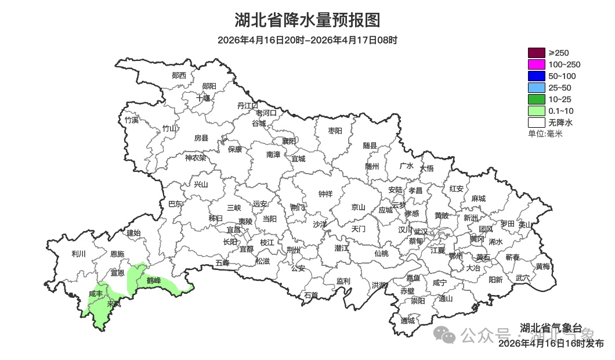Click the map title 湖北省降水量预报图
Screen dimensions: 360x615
[x=307, y=20]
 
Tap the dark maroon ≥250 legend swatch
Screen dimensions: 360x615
[x=536, y=53]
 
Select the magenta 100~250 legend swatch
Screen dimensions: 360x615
[x=536, y=64]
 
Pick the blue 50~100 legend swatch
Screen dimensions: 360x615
[x=536, y=76]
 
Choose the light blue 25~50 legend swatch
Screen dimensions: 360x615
[x=536, y=88]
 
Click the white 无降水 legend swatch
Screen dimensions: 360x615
[x=536, y=123]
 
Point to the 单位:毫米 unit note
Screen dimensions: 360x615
[x=545, y=134]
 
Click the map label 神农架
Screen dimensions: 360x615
[x=196, y=157]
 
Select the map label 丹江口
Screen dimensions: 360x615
[x=248, y=105]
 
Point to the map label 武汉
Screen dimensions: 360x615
[x=421, y=231]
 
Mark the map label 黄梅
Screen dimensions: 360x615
[x=542, y=267]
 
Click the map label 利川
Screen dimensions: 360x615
[x=78, y=254]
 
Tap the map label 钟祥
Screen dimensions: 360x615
[x=325, y=194]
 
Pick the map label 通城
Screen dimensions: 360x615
[x=408, y=321]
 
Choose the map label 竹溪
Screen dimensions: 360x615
[x=132, y=120]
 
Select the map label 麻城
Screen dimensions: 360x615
[x=478, y=199]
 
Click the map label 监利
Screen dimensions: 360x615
[x=343, y=280]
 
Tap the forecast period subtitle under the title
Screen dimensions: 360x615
[x=307, y=40]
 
